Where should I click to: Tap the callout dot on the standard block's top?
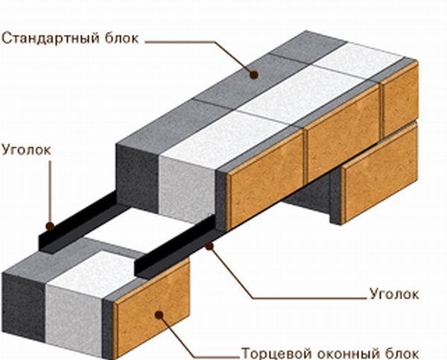click(x=254, y=74)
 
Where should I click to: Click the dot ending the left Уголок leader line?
click(x=49, y=224)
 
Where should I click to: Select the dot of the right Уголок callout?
click(x=211, y=244)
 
